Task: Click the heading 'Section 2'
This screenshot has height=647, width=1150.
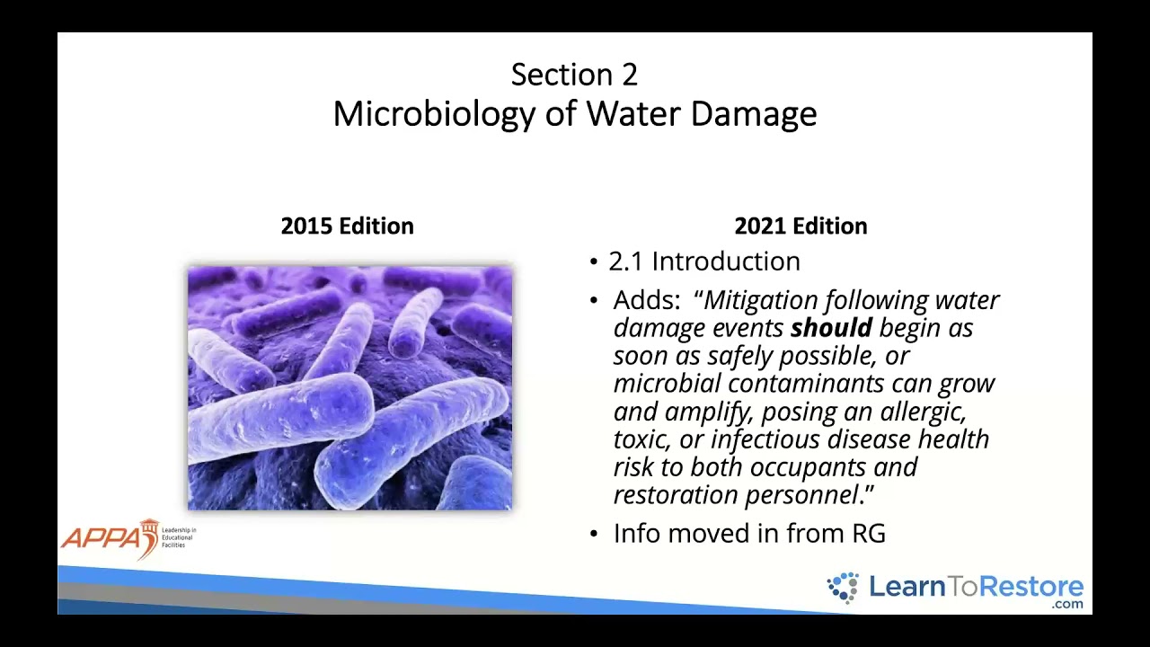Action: (574, 75)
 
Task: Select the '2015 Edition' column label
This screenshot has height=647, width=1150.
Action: (347, 226)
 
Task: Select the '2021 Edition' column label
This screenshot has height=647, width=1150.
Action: (801, 226)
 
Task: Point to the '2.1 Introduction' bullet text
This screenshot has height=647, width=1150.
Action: (703, 261)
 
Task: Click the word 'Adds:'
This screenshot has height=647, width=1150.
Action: (647, 300)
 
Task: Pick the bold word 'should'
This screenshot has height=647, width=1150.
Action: (831, 328)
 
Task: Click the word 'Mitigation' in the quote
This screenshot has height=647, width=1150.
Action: (762, 300)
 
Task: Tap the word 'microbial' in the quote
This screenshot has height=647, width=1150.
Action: (668, 384)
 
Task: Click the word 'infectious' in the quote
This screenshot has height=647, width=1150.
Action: (765, 439)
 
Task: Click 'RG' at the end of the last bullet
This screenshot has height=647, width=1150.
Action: (869, 534)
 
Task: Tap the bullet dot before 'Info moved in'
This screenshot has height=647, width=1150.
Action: (594, 534)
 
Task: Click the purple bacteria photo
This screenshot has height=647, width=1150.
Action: (349, 387)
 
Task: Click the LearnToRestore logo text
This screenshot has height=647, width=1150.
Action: (976, 588)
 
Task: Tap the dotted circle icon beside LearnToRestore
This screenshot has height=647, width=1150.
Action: (844, 588)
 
